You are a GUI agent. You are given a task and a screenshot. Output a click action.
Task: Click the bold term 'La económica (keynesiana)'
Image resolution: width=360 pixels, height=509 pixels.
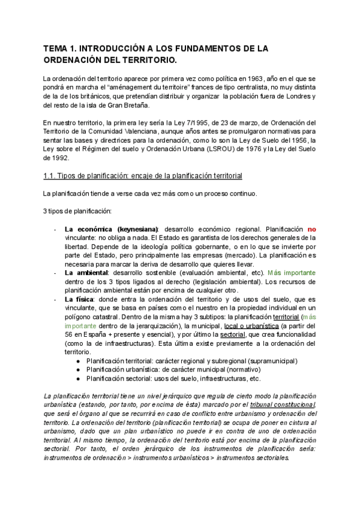click(x=112, y=229)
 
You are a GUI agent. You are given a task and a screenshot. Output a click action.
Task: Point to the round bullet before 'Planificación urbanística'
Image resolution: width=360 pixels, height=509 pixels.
click(x=79, y=370)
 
